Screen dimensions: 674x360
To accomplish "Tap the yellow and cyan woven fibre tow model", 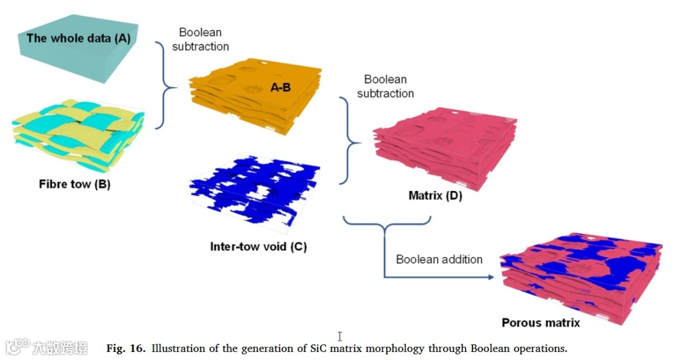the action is [78, 134].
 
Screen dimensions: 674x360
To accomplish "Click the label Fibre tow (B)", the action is [74, 184].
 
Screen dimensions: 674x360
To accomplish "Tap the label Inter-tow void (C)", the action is [258, 246].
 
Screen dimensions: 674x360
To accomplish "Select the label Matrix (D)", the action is [435, 196].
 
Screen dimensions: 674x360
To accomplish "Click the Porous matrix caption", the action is [540, 323].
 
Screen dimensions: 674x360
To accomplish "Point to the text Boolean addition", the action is [439, 260].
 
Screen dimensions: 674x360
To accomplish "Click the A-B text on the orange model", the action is [280, 88].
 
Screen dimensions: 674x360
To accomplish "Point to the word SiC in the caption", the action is [319, 348].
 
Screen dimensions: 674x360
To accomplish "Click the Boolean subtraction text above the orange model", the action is [203, 39].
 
